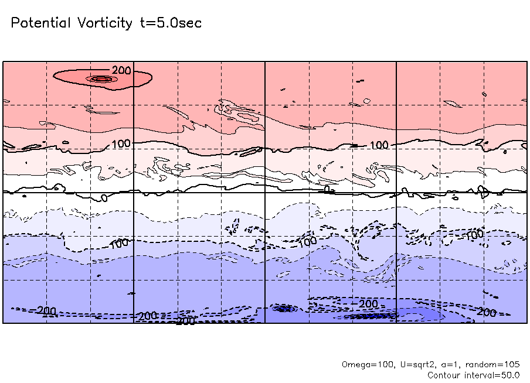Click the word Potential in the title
click(40, 23)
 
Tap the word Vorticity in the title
click(103, 23)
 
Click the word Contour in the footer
click(444, 375)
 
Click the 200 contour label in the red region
click(121, 71)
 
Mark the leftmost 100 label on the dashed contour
click(119, 243)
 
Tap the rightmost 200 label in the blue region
click(487, 312)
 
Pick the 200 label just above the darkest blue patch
click(368, 304)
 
